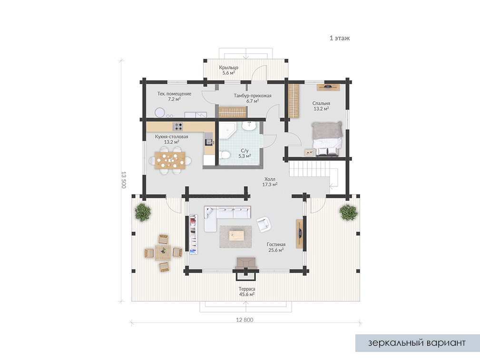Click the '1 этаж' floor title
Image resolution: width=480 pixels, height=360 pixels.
click(340, 38)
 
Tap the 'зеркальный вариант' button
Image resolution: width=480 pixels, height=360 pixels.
click(417, 343)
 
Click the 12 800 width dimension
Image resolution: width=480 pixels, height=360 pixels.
click(245, 320)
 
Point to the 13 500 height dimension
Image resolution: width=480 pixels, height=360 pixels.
click(123, 180)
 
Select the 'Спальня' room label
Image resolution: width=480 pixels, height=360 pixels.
click(321, 104)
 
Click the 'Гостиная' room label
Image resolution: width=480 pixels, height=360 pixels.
click(276, 244)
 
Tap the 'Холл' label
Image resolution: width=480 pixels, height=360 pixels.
click(270, 179)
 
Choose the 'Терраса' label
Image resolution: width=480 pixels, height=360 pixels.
click(247, 289)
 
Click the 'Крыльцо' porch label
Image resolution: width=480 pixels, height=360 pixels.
click(228, 68)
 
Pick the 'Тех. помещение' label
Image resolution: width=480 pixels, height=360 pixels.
click(174, 94)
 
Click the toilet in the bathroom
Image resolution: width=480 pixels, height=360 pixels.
click(225, 155)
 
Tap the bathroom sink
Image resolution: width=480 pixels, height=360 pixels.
click(249, 126)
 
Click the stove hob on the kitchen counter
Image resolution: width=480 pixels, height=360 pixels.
click(177, 126)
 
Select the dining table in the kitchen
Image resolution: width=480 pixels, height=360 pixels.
click(170, 160)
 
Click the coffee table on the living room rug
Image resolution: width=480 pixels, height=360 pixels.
click(236, 236)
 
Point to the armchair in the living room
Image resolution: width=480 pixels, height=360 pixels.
click(264, 224)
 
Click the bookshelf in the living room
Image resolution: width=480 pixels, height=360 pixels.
click(193, 234)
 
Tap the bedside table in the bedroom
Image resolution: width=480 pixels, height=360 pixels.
click(309, 153)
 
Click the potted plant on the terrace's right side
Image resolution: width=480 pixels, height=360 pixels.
click(348, 213)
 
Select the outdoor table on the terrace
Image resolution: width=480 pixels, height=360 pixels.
click(163, 253)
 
